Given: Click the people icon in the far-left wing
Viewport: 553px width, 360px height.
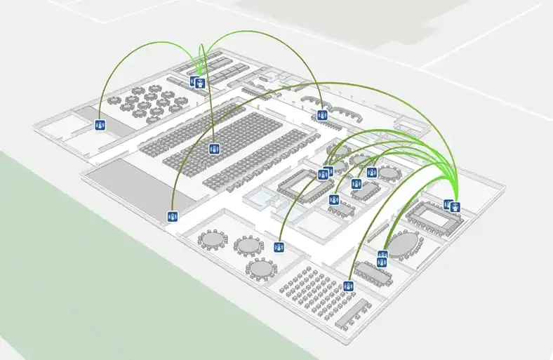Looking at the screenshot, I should click(100, 126).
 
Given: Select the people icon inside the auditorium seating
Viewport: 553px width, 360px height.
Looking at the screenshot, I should click(213, 149).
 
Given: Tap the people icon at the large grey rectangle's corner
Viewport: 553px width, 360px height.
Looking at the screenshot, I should click(172, 216).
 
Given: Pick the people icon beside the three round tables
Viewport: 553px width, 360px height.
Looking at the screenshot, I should click(279, 247).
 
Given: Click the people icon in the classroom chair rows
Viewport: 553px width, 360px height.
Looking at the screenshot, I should click(347, 286).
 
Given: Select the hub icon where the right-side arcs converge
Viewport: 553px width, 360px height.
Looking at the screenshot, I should click(455, 206).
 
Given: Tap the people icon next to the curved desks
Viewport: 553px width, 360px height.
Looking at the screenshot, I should click(322, 115).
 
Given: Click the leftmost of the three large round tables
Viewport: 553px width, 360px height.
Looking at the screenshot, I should click(213, 238).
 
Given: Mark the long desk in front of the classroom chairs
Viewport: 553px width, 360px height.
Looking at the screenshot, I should click(354, 313).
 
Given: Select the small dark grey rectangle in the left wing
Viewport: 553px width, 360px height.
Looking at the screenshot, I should click(88, 113).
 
